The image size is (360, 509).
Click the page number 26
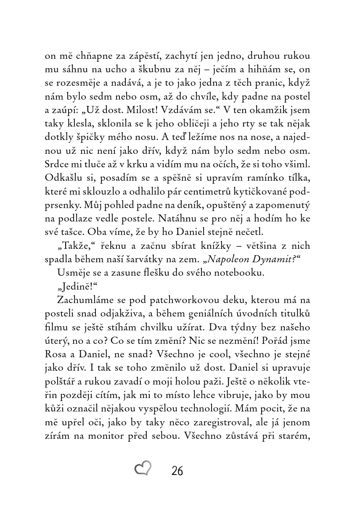coord(177,471)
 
